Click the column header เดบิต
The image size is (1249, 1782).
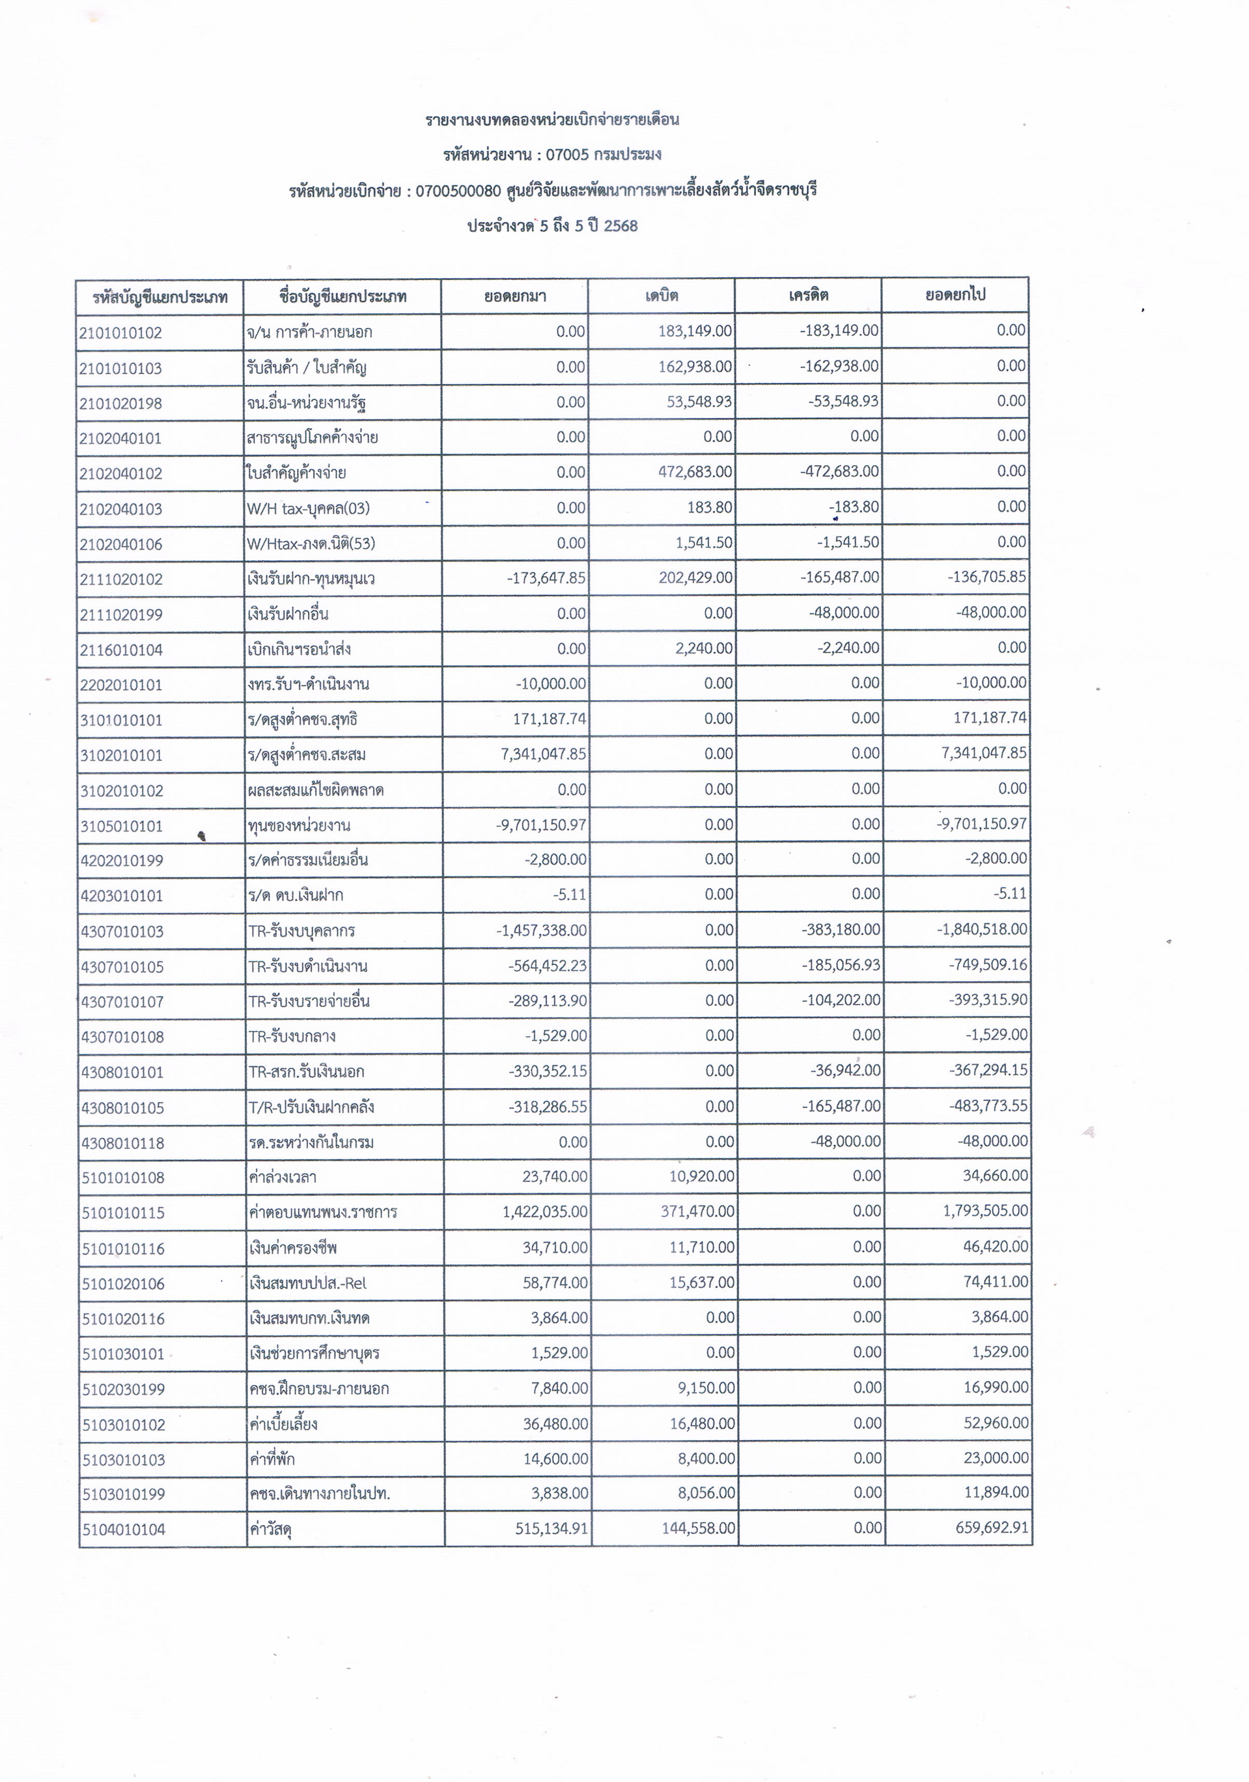(x=662, y=296)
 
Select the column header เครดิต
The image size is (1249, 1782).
(x=808, y=295)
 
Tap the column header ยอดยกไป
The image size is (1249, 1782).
(x=956, y=295)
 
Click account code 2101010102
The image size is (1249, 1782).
(x=121, y=333)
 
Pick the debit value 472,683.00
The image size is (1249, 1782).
(x=695, y=472)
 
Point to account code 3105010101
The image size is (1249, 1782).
(x=122, y=826)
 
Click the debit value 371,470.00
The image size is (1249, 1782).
(x=697, y=1212)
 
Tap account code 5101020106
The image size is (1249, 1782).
(x=123, y=1284)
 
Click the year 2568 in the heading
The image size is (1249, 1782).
(x=621, y=226)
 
